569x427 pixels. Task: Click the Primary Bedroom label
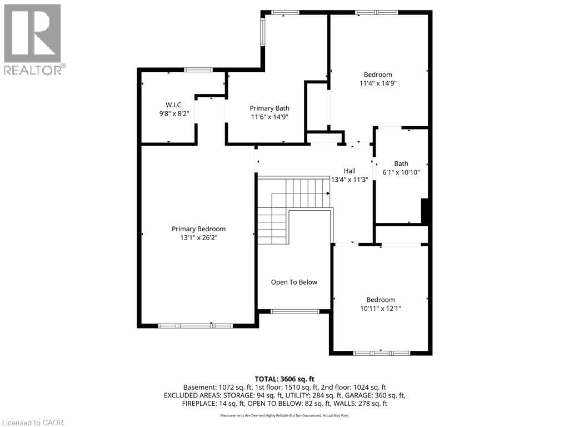click(x=198, y=229)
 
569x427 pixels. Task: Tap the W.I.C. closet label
click(x=174, y=105)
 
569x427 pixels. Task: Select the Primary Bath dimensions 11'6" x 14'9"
click(x=269, y=117)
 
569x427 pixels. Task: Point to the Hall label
click(x=350, y=171)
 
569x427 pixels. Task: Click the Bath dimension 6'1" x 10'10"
click(x=401, y=172)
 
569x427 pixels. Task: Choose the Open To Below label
click(x=294, y=282)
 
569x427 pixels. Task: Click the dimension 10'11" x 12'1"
click(x=380, y=308)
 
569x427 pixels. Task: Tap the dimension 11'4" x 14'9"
click(x=378, y=83)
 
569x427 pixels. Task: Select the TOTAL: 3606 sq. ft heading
click(x=284, y=379)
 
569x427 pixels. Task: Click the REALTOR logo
click(x=33, y=39)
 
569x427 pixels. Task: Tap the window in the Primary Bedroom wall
click(x=195, y=325)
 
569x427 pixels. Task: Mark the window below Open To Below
click(x=295, y=311)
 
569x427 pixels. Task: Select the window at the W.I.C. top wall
click(x=198, y=69)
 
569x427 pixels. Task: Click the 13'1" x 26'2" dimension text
click(x=198, y=237)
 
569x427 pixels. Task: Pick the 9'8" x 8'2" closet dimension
click(x=174, y=113)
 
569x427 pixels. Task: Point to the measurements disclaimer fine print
click(x=284, y=416)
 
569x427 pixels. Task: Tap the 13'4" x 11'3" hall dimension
click(x=350, y=180)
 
